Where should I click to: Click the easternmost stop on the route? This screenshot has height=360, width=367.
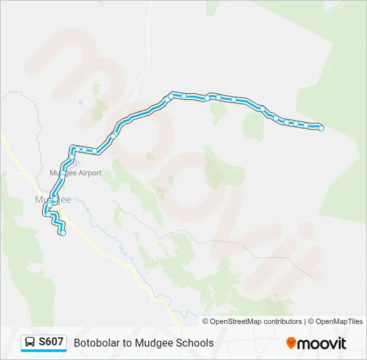321,128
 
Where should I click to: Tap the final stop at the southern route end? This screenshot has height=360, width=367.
63,233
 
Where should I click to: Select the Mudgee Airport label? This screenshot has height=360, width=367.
75,173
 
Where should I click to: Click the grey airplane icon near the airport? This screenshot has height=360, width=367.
75,161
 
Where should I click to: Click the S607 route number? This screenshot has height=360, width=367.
51,342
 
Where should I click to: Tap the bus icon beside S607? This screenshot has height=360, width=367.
30,343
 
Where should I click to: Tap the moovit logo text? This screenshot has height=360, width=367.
322,343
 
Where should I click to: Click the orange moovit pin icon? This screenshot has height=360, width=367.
291,343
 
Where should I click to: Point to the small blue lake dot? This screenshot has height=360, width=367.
79,103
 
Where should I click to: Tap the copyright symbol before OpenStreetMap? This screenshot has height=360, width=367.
206,321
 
